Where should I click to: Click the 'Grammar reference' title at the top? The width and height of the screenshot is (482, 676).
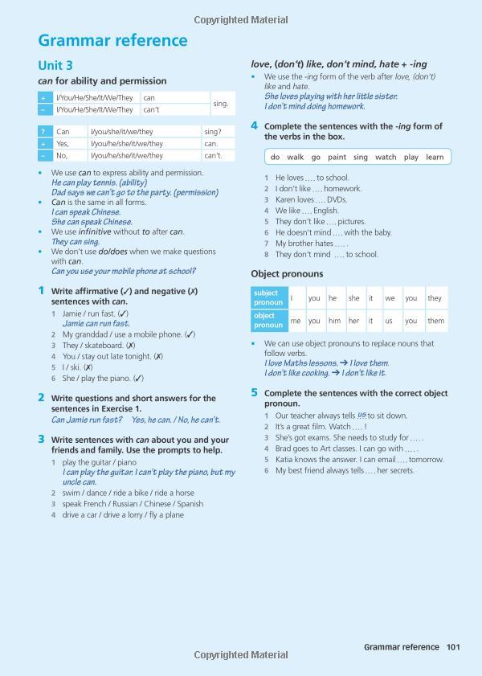tap(112, 40)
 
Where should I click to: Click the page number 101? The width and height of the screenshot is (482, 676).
tap(453, 646)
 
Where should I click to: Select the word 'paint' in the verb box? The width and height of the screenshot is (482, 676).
tap(337, 158)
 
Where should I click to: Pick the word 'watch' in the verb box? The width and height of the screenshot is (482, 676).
tap(386, 158)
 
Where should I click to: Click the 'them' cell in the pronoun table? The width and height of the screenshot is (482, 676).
tap(435, 321)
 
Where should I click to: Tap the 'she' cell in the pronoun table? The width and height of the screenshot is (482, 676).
tap(353, 298)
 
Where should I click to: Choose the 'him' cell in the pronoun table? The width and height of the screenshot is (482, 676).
tap(334, 321)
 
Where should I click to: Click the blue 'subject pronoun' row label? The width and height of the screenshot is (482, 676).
tap(267, 298)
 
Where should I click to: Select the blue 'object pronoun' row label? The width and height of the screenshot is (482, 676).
tap(267, 321)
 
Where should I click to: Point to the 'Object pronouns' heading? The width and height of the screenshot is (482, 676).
tap(288, 274)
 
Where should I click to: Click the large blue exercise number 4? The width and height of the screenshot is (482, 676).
tap(254, 125)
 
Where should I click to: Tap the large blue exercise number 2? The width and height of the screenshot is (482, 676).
tap(41, 397)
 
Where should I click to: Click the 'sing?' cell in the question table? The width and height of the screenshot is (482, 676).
tap(213, 131)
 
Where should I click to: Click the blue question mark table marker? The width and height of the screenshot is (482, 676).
tap(43, 131)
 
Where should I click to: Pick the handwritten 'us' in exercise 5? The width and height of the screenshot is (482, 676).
tap(361, 415)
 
